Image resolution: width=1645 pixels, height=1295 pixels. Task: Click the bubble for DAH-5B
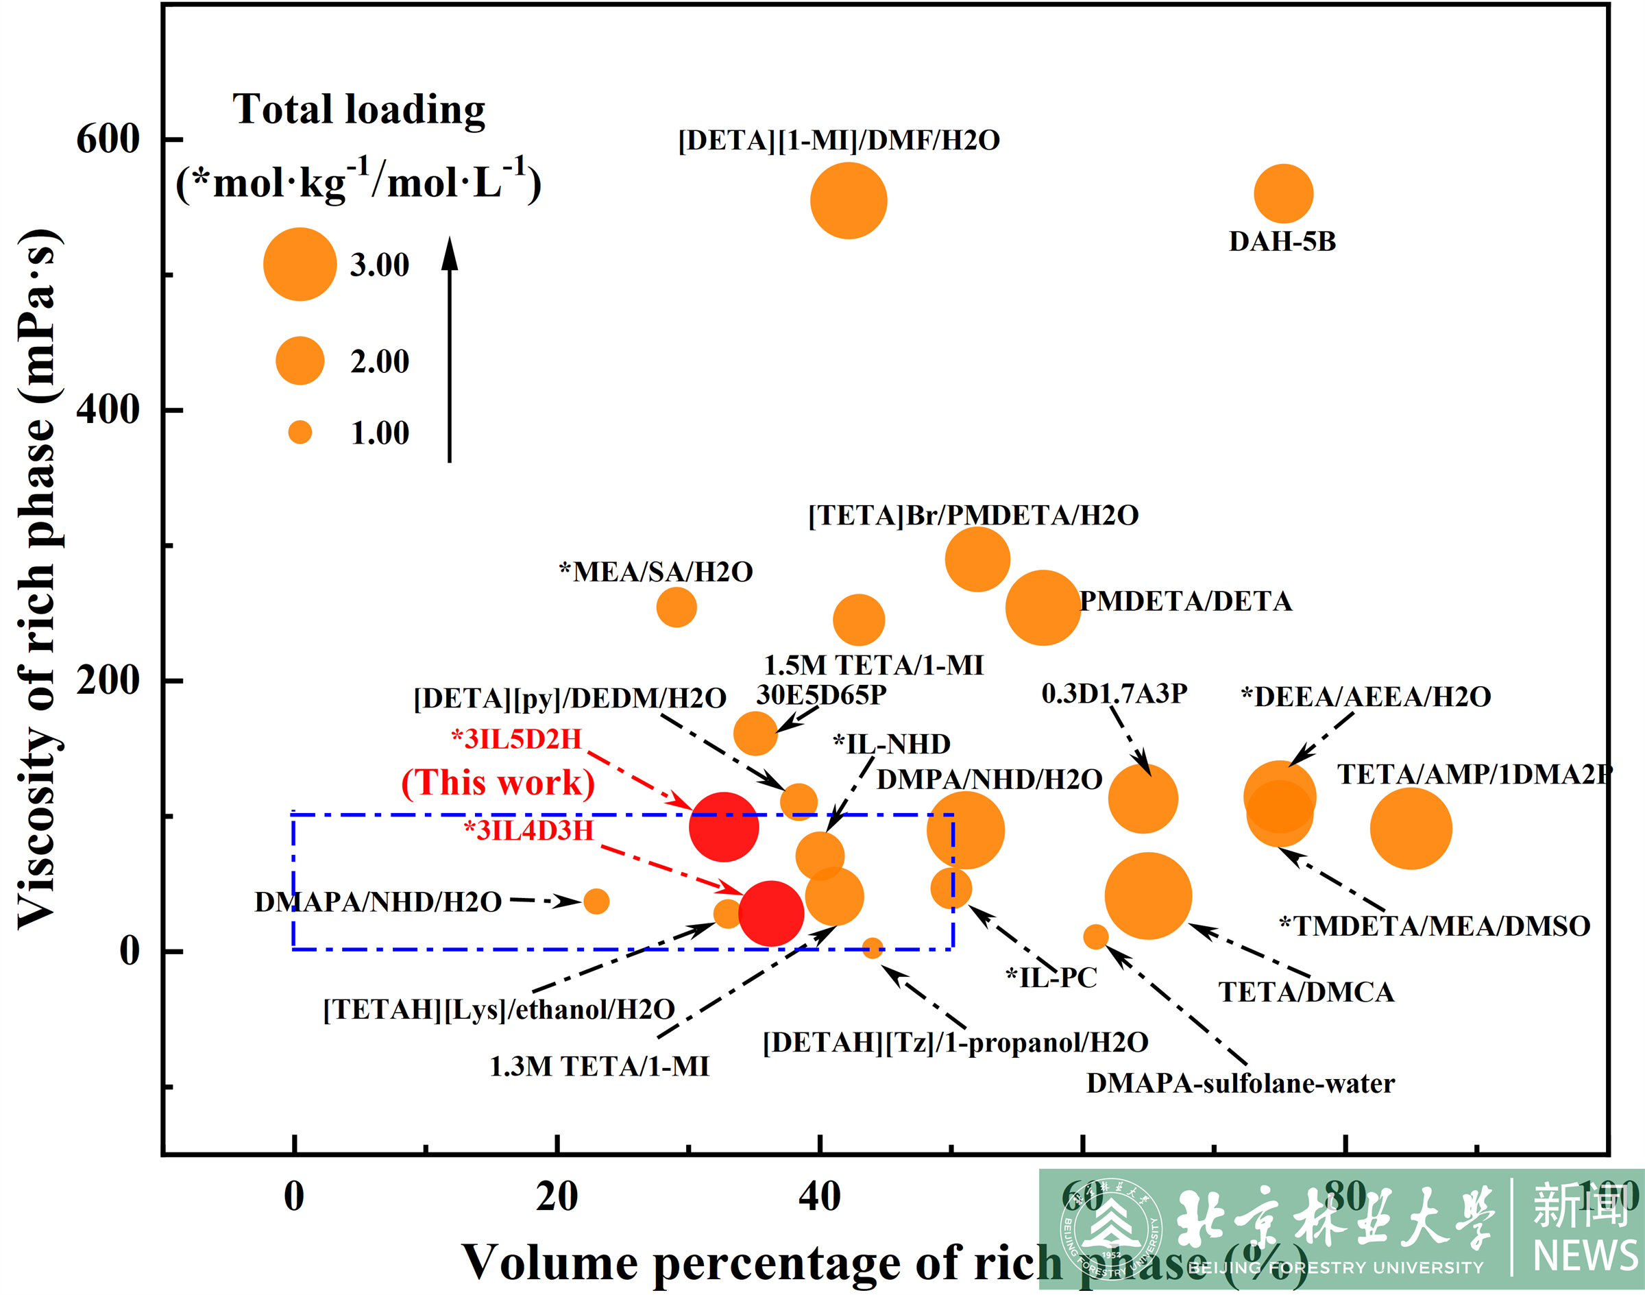(x=1282, y=194)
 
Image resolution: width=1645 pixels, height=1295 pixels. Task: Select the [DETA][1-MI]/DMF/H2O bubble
(x=849, y=201)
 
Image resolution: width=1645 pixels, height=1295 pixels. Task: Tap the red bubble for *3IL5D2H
(x=723, y=827)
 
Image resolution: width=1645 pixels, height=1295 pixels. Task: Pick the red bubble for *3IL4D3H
(x=771, y=914)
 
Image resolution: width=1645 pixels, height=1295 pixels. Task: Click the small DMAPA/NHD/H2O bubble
(x=596, y=901)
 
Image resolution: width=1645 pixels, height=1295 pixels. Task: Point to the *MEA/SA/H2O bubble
(x=677, y=607)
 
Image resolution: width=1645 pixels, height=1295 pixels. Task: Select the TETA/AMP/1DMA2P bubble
(x=1410, y=829)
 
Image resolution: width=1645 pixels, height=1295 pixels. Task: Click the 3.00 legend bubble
(x=300, y=264)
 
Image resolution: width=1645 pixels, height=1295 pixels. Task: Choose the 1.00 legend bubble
(x=300, y=432)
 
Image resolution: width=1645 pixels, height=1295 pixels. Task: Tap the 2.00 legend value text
(x=379, y=362)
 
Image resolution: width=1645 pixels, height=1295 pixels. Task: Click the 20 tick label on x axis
(x=557, y=1197)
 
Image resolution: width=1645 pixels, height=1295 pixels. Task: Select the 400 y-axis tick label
(x=108, y=410)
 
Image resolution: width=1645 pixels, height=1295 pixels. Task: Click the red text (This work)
(x=498, y=782)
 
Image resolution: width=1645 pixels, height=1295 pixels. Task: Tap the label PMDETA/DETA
(x=1185, y=601)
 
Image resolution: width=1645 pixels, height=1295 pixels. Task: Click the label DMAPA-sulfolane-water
(x=1240, y=1083)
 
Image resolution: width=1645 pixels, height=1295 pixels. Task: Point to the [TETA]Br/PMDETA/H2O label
(x=973, y=516)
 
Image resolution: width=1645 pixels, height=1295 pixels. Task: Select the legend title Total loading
(x=358, y=109)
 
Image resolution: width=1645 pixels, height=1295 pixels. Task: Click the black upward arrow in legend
(x=450, y=349)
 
